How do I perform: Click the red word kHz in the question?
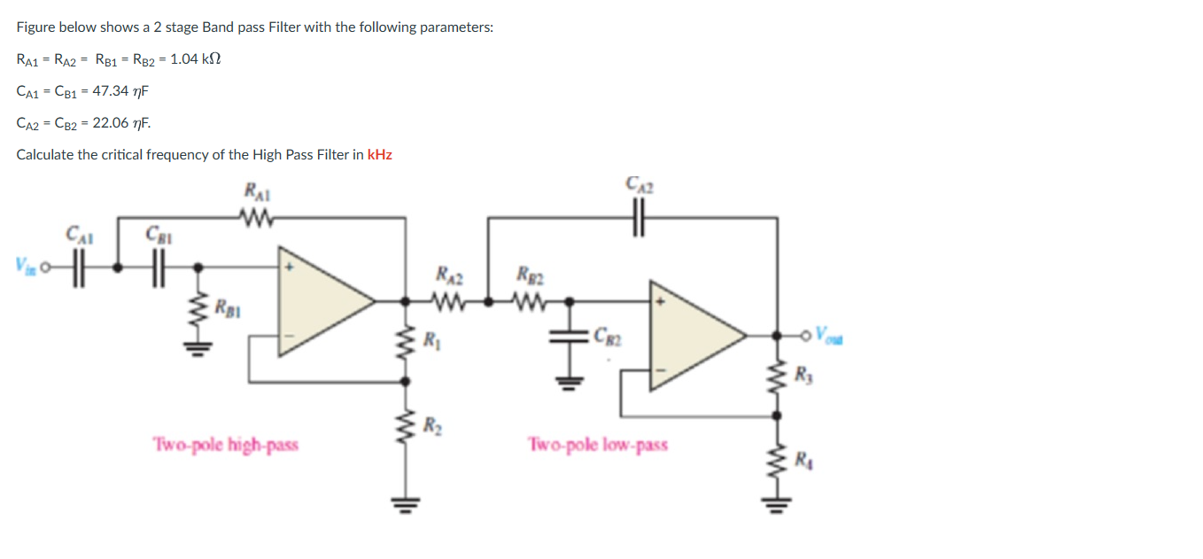coord(379,154)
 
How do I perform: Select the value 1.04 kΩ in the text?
coord(194,59)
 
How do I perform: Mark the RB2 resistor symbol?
coord(532,300)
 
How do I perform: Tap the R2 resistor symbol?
coord(407,425)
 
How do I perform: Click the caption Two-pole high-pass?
coord(225,444)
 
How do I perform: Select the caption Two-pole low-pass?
coord(598,444)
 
